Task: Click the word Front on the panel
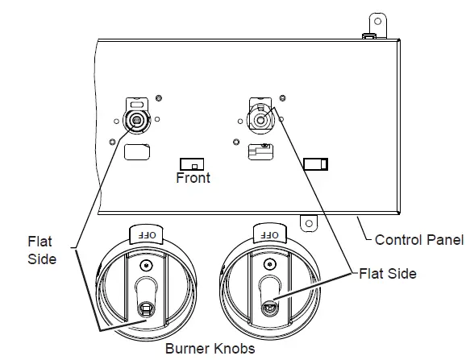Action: [193, 177]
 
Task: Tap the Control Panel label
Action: [419, 240]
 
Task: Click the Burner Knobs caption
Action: [210, 349]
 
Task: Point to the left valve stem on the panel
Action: [137, 120]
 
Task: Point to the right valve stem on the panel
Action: [260, 120]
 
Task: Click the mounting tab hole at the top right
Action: [378, 22]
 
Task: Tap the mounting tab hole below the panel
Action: [309, 223]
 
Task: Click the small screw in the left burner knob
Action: [146, 265]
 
